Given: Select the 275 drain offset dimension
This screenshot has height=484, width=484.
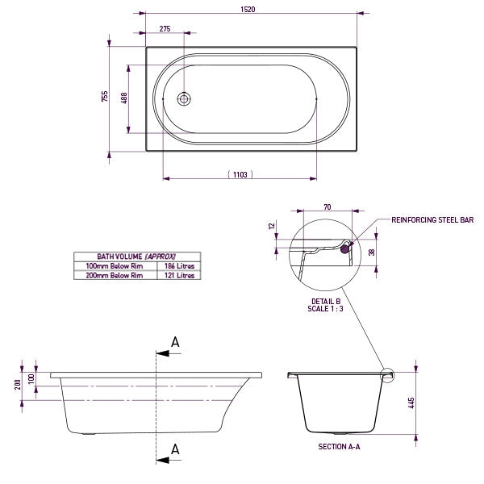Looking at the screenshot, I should click(166, 28).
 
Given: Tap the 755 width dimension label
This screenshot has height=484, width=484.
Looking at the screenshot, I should click(104, 97).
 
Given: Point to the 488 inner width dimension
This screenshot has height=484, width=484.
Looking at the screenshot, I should click(123, 97).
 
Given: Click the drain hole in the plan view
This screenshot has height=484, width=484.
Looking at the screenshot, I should click(185, 98).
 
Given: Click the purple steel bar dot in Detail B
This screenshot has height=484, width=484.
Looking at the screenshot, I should click(348, 249).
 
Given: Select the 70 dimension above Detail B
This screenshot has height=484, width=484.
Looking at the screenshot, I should click(327, 207).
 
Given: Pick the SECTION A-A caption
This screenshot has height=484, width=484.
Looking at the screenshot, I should click(339, 445).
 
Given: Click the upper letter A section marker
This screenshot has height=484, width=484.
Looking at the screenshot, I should click(175, 342).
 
